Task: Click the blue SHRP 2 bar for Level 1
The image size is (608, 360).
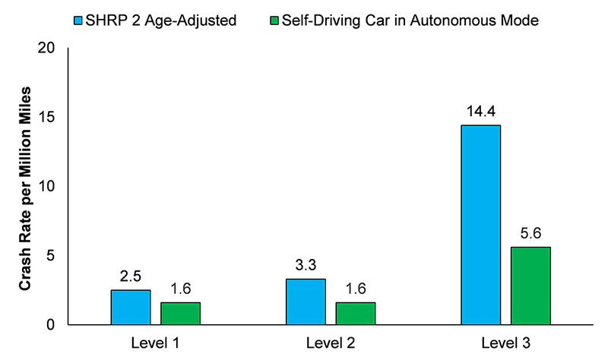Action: tap(130, 307)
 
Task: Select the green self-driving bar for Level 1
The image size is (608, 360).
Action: tap(180, 313)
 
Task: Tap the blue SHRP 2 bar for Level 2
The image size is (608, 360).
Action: tap(306, 302)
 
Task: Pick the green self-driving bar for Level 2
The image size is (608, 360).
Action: tap(356, 313)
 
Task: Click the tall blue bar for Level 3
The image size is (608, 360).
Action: tap(480, 225)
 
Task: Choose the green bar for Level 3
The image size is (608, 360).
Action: tap(530, 286)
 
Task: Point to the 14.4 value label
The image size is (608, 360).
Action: tap(480, 112)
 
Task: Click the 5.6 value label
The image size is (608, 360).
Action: tap(530, 234)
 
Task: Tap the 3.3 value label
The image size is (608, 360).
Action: tap(306, 266)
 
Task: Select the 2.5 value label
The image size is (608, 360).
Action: tap(130, 276)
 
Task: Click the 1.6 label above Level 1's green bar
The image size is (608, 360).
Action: tap(180, 289)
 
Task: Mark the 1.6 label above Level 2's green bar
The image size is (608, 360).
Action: tap(356, 289)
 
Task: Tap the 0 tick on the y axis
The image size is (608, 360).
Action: tap(51, 325)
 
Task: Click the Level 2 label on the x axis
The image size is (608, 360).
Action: tap(331, 344)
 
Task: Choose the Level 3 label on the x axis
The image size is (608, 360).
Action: tap(505, 344)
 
